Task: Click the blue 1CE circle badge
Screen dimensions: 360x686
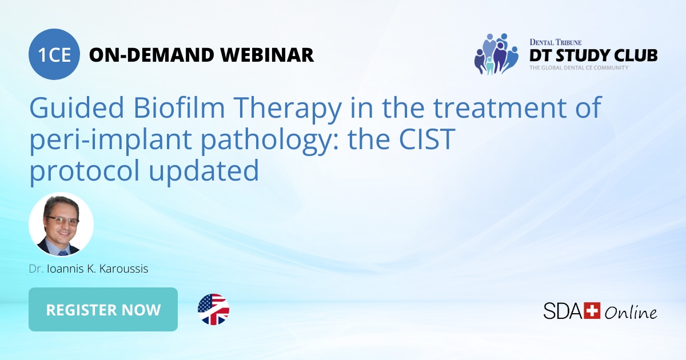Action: (54, 54)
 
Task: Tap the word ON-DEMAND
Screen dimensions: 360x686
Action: (150, 55)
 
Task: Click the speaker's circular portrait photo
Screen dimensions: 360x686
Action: (61, 225)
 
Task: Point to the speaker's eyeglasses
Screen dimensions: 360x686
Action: (62, 221)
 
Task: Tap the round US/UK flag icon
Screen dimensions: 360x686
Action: (213, 310)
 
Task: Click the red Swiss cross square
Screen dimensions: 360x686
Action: (592, 310)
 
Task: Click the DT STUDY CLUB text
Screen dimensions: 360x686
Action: (593, 55)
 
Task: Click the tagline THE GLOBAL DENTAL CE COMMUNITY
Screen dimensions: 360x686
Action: (579, 68)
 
